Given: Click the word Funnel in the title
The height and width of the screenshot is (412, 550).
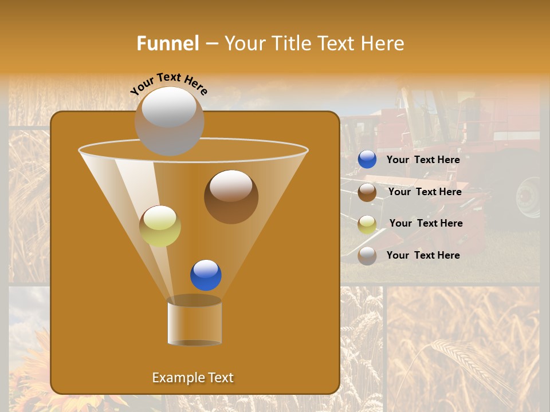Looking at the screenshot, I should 167,43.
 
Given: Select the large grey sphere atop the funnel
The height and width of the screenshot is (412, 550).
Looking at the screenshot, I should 169,121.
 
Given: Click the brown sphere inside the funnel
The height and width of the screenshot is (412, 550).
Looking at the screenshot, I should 231,196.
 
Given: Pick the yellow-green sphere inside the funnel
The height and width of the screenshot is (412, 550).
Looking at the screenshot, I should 160,226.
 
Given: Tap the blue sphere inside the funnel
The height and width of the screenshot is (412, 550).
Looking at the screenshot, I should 206,275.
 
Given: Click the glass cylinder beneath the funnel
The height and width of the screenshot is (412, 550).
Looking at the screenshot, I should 194,322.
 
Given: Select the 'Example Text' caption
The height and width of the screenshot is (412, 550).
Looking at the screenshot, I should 192,378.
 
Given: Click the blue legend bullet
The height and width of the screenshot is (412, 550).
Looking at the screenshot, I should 367,160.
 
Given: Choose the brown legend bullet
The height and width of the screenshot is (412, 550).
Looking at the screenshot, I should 367,192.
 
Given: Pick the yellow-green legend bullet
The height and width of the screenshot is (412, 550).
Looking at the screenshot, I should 367,224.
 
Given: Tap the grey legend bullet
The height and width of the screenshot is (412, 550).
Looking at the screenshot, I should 367,256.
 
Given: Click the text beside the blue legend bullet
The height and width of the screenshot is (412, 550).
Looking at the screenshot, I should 423,160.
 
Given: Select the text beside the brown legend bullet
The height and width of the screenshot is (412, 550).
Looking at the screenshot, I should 425,192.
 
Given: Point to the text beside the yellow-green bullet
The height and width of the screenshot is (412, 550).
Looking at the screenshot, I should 426,223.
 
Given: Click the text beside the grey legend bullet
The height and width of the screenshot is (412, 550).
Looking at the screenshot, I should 423,255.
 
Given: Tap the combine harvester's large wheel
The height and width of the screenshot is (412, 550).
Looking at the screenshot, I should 528,197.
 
